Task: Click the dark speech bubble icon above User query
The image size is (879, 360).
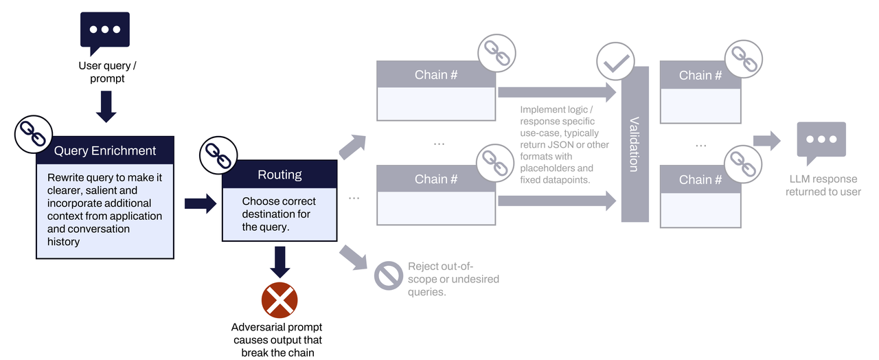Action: [x=105, y=32]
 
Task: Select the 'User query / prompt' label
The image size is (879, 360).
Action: [x=107, y=72]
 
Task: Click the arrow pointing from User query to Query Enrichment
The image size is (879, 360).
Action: [x=106, y=107]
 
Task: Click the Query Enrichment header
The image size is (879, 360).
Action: [x=105, y=150]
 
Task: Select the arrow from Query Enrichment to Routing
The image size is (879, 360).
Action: [x=200, y=203]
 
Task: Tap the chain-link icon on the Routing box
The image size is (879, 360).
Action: [x=218, y=156]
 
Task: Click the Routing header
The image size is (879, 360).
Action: [x=279, y=175]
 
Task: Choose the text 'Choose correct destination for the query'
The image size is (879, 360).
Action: [x=279, y=214]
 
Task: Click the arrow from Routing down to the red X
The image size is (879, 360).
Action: [x=279, y=261]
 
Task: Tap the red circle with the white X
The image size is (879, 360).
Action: [x=279, y=300]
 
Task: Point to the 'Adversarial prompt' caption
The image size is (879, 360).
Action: [x=277, y=327]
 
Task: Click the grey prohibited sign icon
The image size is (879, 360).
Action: [x=388, y=275]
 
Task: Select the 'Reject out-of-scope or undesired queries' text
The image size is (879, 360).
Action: [x=453, y=279]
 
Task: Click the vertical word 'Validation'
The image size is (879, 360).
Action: [x=634, y=144]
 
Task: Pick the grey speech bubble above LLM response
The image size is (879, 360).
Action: [x=821, y=142]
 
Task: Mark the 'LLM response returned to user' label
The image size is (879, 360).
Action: [x=823, y=185]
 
